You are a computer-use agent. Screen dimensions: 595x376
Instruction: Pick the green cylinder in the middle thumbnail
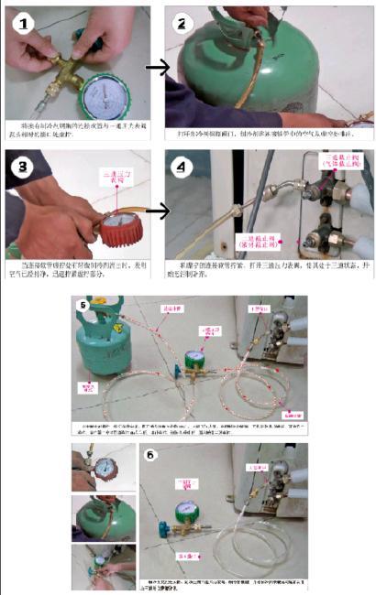click(x=101, y=513)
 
